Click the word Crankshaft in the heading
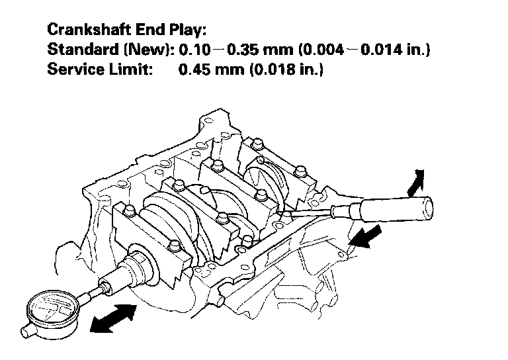(89, 30)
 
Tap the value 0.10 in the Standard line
(194, 50)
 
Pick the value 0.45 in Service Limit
(194, 69)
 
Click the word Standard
(83, 49)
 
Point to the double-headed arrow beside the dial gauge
(113, 318)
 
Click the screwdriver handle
(396, 210)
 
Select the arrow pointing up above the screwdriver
(416, 183)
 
